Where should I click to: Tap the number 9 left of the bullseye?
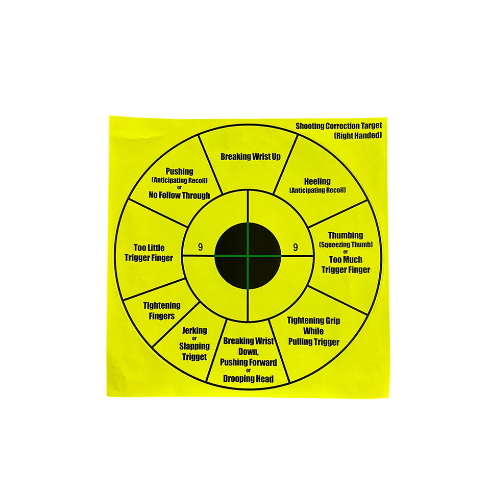click(x=200, y=248)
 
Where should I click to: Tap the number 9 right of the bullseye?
click(x=295, y=248)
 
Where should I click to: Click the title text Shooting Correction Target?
click(x=338, y=126)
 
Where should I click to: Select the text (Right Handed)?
click(x=357, y=136)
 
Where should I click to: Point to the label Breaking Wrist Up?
click(x=251, y=157)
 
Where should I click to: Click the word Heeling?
click(x=317, y=181)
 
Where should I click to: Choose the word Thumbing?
click(x=346, y=235)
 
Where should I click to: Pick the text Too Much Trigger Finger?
click(x=346, y=264)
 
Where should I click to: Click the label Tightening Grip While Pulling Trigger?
click(x=313, y=331)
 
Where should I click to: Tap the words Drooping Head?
click(x=248, y=379)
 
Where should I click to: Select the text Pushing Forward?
click(x=249, y=362)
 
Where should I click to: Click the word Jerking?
click(x=194, y=331)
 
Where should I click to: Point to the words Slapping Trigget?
click(x=194, y=351)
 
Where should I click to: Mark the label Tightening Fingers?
click(x=161, y=310)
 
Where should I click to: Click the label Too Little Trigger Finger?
click(x=149, y=253)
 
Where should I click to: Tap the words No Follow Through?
click(x=179, y=195)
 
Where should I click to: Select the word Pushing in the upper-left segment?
click(x=179, y=172)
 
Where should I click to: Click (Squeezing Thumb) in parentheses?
click(x=346, y=245)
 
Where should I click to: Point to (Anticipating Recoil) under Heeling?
click(x=317, y=190)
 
